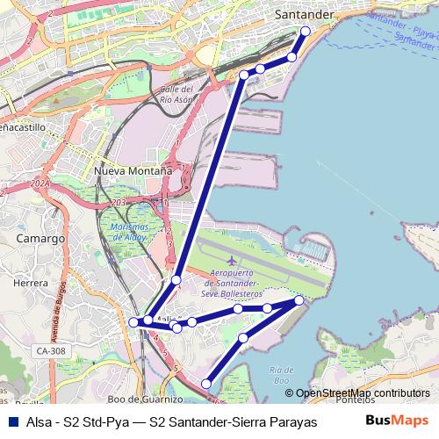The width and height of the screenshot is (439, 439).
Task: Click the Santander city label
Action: (x=305, y=15)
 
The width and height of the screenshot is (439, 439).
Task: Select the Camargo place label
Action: (x=41, y=238)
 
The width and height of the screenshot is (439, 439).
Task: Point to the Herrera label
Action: (x=30, y=284)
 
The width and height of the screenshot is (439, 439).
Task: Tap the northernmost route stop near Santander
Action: (x=306, y=32)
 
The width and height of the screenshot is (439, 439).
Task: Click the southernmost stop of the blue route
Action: (x=206, y=383)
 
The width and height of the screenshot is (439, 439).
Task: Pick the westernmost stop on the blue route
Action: (x=133, y=322)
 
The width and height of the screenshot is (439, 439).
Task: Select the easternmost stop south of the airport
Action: (x=299, y=300)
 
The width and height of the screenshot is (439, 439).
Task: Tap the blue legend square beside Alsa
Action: (x=13, y=421)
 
